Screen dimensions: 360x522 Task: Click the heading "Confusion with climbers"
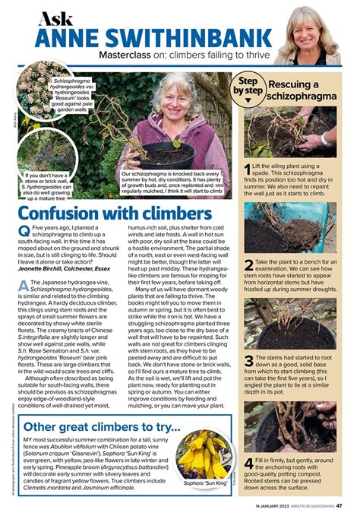pos(114,214)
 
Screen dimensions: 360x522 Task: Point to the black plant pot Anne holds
pos(172,156)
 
